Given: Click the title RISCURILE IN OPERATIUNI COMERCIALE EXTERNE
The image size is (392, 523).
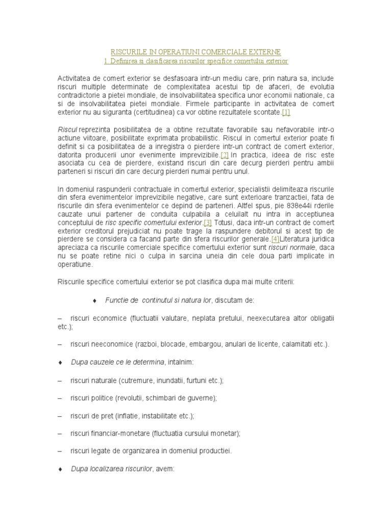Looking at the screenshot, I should pyautogui.click(x=195, y=52).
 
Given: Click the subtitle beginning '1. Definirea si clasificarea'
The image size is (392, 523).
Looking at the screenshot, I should pyautogui.click(x=195, y=61).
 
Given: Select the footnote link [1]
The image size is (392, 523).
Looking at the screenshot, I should pyautogui.click(x=286, y=112).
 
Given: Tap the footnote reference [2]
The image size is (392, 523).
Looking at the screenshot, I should pyautogui.click(x=224, y=155).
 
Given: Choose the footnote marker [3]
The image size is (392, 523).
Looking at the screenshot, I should pyautogui.click(x=207, y=223).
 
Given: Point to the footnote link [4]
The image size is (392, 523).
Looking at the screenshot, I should pyautogui.click(x=275, y=239).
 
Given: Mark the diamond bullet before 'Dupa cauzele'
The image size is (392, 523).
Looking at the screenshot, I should pyautogui.click(x=60, y=362).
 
